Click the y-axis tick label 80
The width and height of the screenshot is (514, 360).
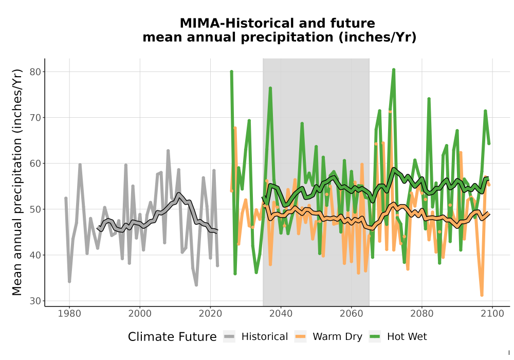(x=36, y=72)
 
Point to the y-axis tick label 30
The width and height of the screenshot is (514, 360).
(x=36, y=301)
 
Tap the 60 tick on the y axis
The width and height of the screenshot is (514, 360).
(x=36, y=163)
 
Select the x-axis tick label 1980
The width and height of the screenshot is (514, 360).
(x=69, y=314)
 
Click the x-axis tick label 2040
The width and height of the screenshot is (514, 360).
(x=281, y=314)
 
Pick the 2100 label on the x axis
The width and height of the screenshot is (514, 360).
(x=492, y=314)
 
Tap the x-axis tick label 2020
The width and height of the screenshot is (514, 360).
(x=210, y=314)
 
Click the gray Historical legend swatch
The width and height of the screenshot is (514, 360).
(x=229, y=337)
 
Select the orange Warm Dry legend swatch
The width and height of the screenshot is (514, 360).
(x=300, y=337)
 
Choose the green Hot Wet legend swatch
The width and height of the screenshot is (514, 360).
(x=375, y=337)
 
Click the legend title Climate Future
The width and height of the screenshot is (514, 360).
(x=172, y=337)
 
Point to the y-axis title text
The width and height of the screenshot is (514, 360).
(x=17, y=182)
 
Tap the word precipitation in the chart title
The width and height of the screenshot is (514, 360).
(x=287, y=38)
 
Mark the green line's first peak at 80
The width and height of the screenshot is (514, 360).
(x=231, y=71)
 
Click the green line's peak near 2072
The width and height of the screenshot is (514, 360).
(x=394, y=70)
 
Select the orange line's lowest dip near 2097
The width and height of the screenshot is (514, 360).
(x=482, y=295)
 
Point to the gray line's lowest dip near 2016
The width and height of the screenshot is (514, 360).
(x=196, y=285)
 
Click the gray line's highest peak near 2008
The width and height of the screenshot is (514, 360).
(x=168, y=151)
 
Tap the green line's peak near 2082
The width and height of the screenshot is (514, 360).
(x=429, y=99)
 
